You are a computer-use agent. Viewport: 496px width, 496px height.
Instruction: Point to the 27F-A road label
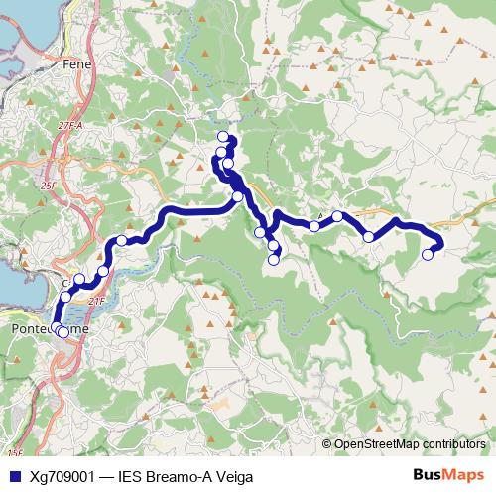69,126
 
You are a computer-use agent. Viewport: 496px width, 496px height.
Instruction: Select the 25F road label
48,186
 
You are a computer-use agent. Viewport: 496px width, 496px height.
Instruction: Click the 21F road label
96,301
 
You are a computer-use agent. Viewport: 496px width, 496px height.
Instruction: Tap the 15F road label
13,452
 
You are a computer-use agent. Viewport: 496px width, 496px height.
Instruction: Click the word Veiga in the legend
232,477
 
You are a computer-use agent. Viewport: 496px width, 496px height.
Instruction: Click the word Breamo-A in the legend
177,477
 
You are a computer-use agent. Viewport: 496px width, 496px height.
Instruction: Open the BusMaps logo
446,476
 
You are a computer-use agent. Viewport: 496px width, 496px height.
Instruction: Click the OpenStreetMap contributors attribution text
410,444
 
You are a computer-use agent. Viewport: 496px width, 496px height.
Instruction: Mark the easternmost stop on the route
428,254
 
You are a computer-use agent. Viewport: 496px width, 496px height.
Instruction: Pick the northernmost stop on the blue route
223,137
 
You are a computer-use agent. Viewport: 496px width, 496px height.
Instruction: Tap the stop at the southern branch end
274,260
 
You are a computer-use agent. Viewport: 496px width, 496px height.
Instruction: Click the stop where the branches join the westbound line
238,197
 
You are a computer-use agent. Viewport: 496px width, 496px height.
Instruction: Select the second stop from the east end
368,236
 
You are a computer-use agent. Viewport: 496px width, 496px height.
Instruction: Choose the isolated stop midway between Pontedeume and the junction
122,240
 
